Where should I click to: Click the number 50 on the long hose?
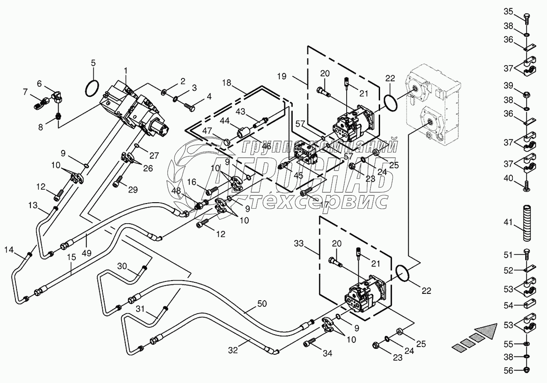click(x=262, y=304)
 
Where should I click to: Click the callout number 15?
click(x=71, y=257)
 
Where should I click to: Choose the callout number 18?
click(x=226, y=82)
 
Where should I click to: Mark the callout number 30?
click(x=122, y=266)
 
